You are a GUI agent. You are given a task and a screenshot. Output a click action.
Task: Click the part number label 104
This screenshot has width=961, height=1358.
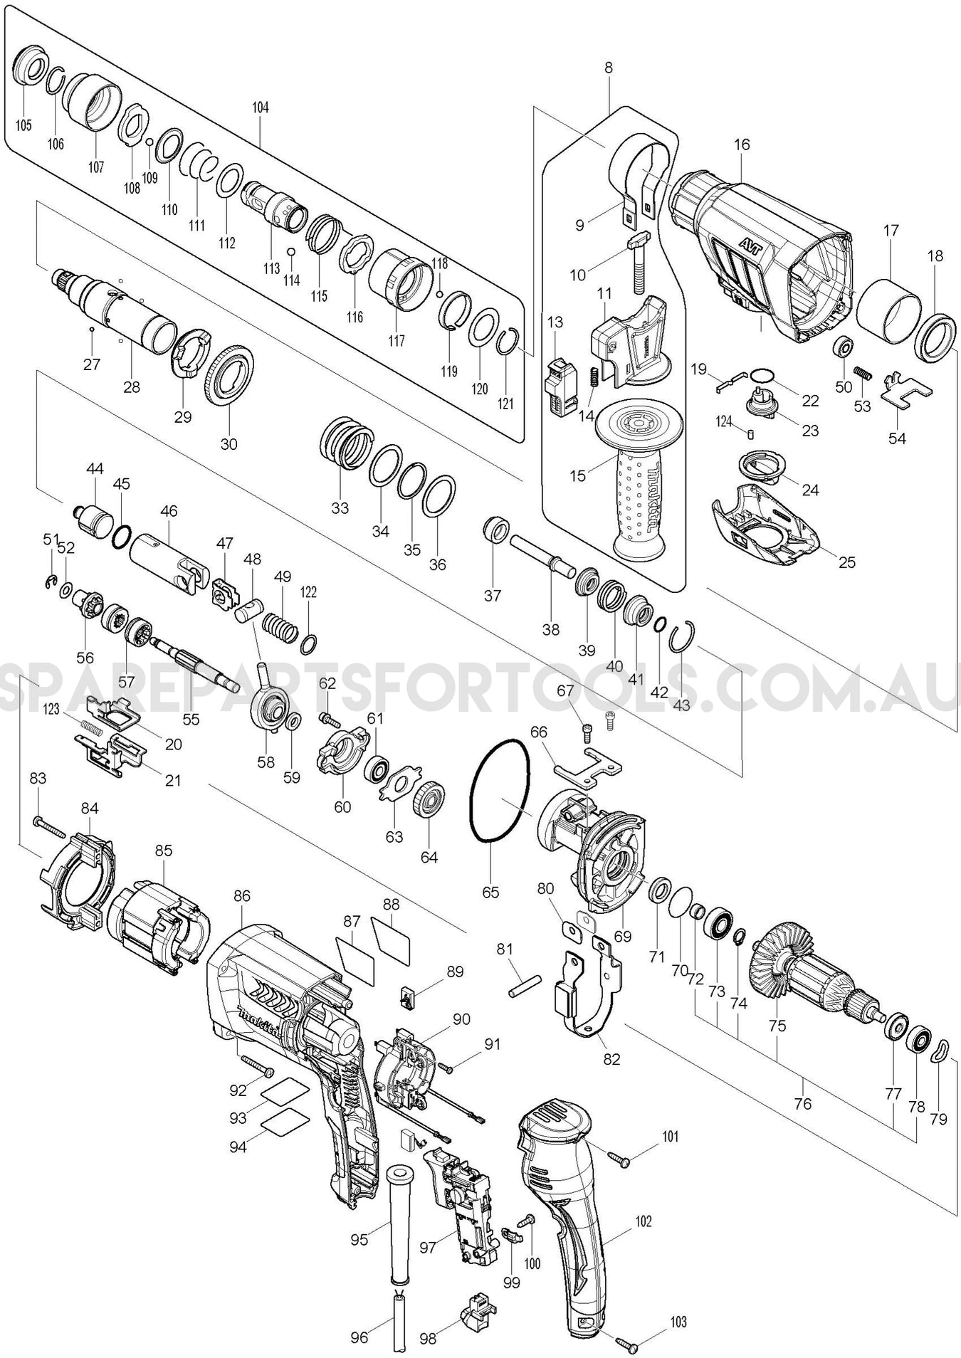(x=260, y=107)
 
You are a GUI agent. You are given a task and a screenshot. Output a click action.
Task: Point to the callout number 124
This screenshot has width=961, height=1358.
(x=723, y=422)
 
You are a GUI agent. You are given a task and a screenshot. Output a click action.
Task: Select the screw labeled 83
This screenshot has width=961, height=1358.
(x=50, y=827)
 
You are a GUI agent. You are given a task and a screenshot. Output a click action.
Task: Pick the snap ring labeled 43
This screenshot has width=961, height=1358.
(x=685, y=636)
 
